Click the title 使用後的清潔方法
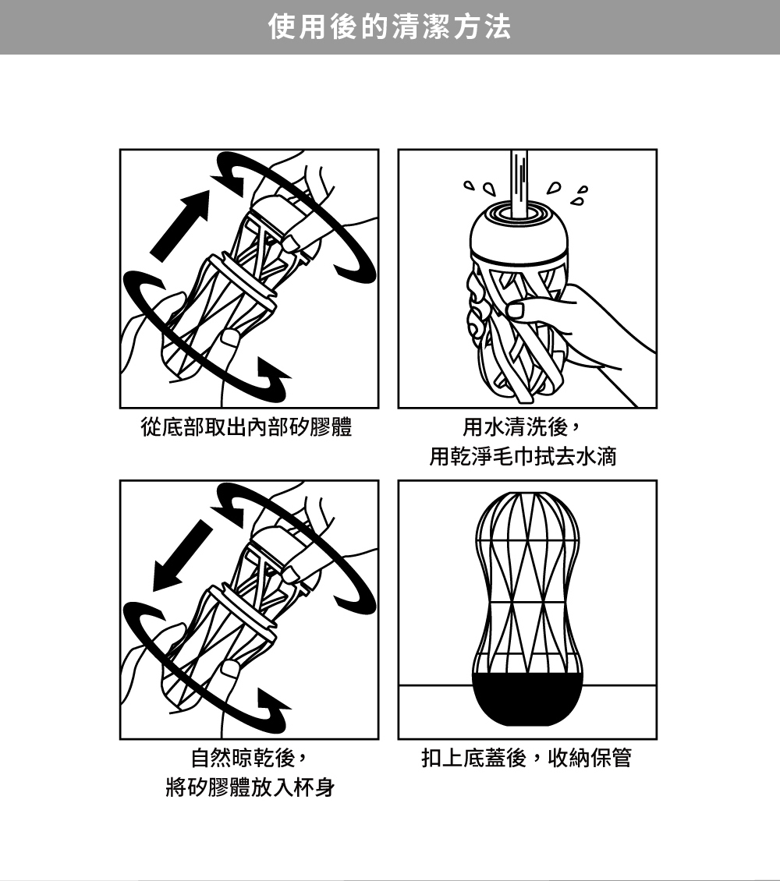tap(389, 27)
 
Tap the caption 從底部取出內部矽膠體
tap(246, 427)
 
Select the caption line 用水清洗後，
tap(523, 427)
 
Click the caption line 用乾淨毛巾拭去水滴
tap(523, 455)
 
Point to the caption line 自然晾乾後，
tap(250, 757)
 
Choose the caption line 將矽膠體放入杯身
tap(250, 787)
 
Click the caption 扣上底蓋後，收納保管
tap(526, 757)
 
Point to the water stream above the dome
tap(519, 183)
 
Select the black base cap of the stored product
tap(527, 699)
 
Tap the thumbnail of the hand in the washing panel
tap(516, 310)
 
